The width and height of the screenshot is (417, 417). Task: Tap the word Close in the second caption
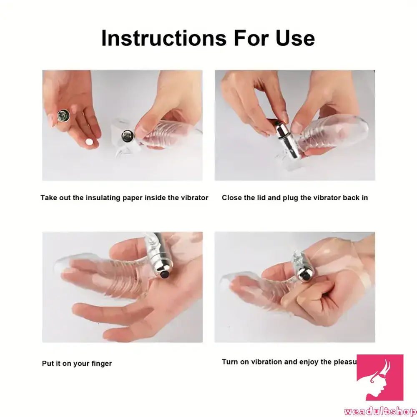(232, 198)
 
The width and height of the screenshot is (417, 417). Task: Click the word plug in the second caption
(289, 198)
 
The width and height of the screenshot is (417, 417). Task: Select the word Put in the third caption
(48, 364)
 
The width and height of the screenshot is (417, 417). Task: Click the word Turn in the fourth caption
(230, 362)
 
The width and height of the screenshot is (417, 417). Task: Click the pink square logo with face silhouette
(379, 377)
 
